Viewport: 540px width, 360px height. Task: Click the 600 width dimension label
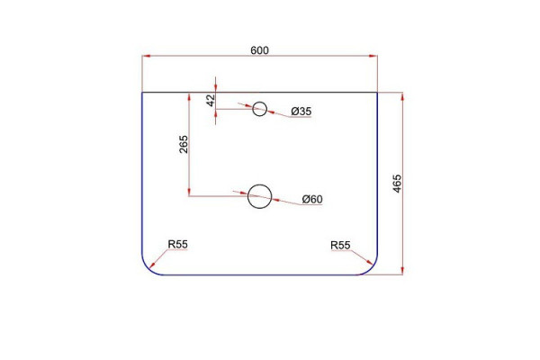coord(259,50)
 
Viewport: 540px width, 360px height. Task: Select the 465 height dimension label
coord(397,184)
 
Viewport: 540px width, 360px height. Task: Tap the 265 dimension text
coord(184,144)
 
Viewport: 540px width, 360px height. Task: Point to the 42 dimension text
coord(211,100)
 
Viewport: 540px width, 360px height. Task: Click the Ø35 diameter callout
coord(301,112)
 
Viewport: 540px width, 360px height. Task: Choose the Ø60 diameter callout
coord(312,199)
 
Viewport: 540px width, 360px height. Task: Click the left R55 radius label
coord(177,244)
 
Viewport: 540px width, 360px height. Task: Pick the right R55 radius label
coord(340,246)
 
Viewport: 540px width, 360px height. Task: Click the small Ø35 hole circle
coord(260,103)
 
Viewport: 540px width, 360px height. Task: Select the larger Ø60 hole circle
coord(260,184)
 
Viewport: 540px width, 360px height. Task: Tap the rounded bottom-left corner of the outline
coord(148,269)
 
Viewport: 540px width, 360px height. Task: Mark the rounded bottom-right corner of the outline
coord(371,269)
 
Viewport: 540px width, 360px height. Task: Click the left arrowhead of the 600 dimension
coord(147,56)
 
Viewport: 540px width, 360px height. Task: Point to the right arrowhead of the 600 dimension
coord(373,56)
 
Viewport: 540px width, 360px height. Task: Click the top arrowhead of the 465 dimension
coord(402,97)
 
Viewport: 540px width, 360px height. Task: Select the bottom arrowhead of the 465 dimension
coord(402,270)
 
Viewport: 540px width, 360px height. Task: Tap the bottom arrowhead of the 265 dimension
coord(189,192)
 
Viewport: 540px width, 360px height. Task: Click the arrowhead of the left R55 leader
coord(152,265)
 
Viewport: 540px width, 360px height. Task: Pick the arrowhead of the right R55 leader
coord(369,263)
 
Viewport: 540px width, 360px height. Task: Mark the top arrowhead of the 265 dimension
coord(189,97)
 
